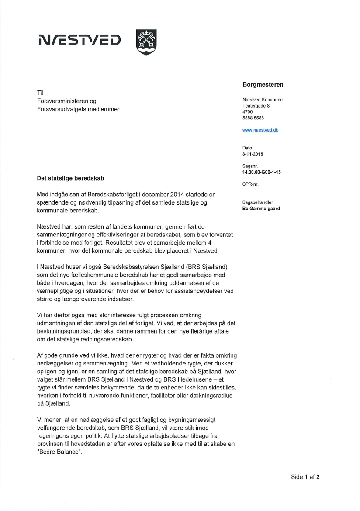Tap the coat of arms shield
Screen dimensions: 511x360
(146, 42)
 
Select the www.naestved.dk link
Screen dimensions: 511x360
(260, 130)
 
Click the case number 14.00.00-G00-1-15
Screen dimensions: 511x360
(261, 172)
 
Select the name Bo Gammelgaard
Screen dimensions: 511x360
(261, 209)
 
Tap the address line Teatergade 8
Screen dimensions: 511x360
(256, 106)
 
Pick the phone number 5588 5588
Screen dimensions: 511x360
(253, 118)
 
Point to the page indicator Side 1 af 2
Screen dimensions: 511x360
(305, 477)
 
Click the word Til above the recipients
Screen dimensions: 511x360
(40, 93)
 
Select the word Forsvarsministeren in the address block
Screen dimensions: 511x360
(62, 101)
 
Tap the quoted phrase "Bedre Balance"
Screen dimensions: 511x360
(60, 452)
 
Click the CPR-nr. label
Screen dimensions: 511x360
(250, 184)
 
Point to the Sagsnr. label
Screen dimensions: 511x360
(250, 166)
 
